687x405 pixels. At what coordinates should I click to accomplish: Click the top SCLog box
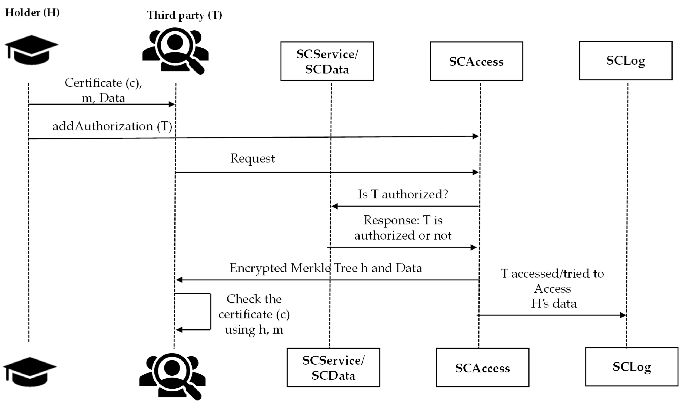tap(625, 61)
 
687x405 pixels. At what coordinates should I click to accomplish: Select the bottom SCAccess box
tap(482, 367)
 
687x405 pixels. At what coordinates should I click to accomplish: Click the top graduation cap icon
tap(31, 50)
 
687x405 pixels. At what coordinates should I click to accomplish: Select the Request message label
tap(252, 158)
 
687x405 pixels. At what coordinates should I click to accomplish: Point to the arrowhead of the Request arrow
tap(476, 172)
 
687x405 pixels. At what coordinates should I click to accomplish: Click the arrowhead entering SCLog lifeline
tap(623, 315)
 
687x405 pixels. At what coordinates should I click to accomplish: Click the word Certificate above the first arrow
tap(93, 83)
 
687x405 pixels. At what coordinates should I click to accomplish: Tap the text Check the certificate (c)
tap(254, 307)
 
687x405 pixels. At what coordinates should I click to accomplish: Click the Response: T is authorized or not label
tap(403, 228)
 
